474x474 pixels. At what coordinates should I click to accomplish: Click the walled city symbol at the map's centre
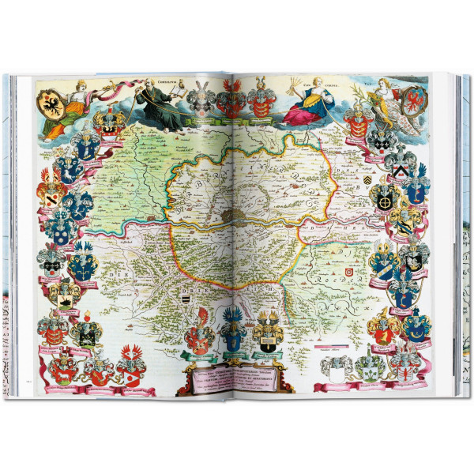tap(229, 215)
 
